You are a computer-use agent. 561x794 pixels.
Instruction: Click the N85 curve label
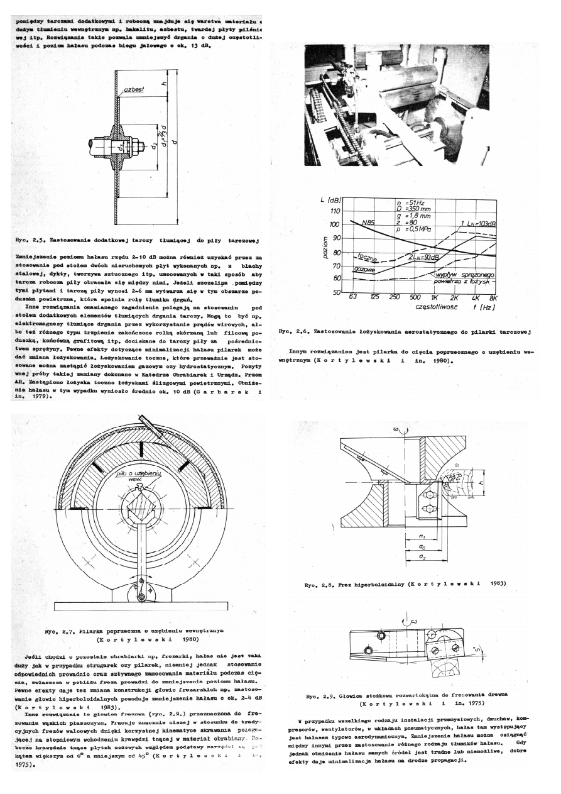tap(371, 222)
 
